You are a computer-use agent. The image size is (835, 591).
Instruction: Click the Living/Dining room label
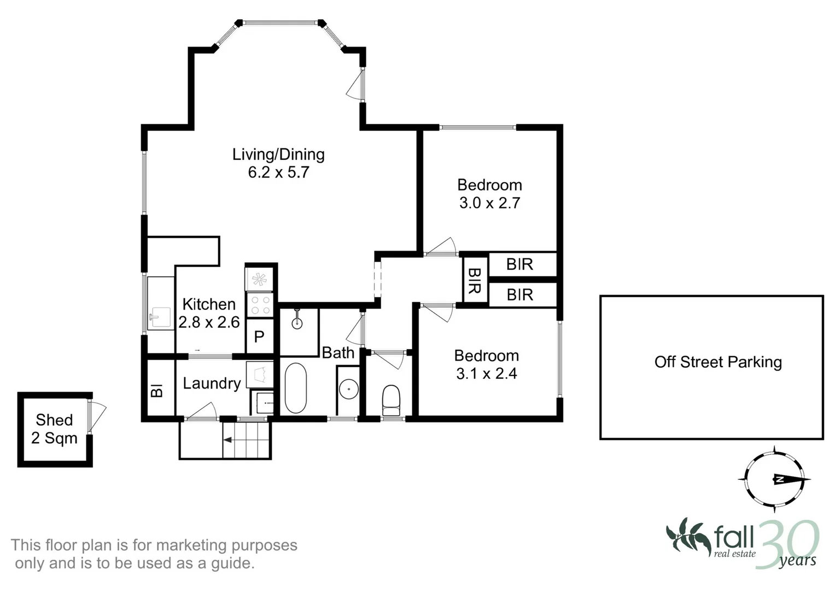coord(278,154)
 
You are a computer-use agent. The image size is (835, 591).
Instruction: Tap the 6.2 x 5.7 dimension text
coord(278,172)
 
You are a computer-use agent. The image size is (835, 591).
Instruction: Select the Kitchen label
coord(209,304)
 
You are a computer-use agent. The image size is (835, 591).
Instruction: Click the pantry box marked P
coord(259,336)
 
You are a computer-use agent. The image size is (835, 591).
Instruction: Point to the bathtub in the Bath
coord(296,388)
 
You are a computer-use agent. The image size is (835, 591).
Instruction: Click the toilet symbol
coord(391,399)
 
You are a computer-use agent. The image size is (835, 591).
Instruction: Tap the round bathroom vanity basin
coord(348,389)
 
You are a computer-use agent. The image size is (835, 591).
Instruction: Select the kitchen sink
coord(160,317)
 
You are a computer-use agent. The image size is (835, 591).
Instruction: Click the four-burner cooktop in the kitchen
coord(260,305)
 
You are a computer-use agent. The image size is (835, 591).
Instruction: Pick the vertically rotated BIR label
coord(474,280)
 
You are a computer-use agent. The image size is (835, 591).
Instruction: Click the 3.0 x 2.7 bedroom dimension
coord(489,203)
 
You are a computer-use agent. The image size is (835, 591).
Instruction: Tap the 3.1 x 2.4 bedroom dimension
coord(486,374)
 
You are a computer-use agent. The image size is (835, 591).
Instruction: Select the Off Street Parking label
coord(717,362)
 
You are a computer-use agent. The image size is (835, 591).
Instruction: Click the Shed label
coord(54,420)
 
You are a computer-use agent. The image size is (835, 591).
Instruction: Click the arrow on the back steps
coord(228,439)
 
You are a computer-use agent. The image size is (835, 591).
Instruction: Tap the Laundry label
coord(212,384)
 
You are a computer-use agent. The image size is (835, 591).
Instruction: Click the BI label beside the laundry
coord(157,391)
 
